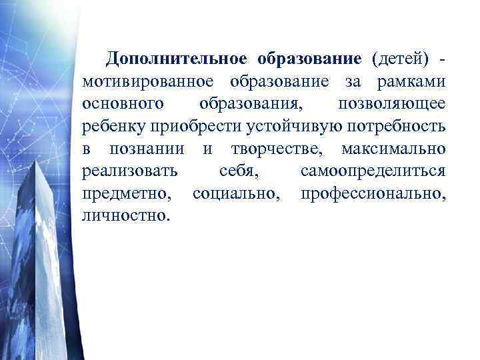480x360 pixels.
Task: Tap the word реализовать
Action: pos(130,171)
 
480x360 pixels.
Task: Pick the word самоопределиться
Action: pos(373,171)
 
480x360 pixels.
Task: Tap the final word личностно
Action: pos(125,216)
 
